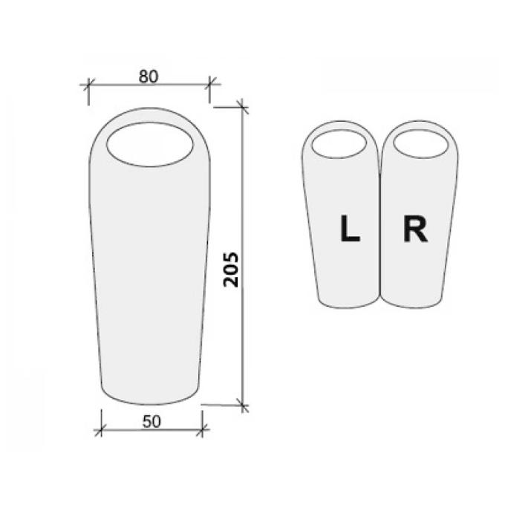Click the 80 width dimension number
[149, 76]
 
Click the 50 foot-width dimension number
[151, 422]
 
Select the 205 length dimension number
[231, 270]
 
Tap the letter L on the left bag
[350, 229]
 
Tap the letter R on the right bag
[415, 229]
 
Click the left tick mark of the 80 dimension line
[88, 85]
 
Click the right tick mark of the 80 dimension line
[210, 84]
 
